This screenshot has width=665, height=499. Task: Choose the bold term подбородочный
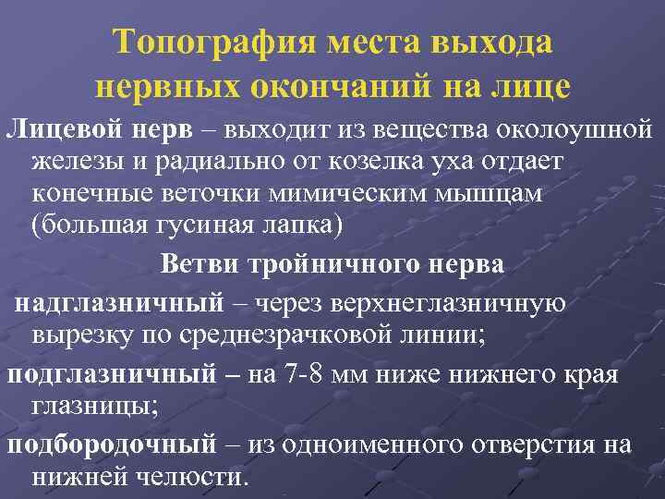(x=111, y=444)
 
